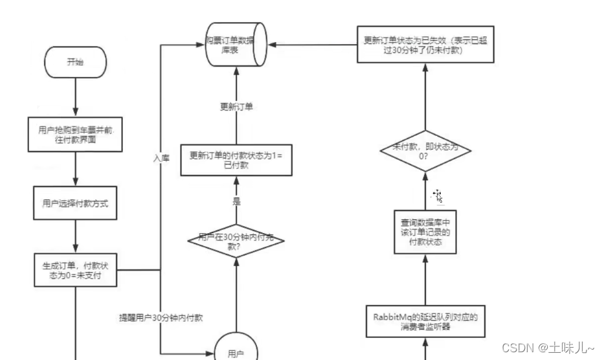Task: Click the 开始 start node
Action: click(75, 63)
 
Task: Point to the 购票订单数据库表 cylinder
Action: click(236, 44)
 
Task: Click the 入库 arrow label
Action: click(161, 157)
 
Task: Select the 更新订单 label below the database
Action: click(236, 107)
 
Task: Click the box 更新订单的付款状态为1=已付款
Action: click(236, 159)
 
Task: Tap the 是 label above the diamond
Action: click(236, 202)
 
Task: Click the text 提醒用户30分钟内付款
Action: click(161, 318)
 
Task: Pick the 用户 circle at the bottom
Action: click(236, 350)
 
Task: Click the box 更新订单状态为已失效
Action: click(425, 44)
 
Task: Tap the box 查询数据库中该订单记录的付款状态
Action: click(425, 231)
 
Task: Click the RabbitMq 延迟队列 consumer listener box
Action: click(425, 322)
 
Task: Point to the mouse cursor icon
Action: click(438, 196)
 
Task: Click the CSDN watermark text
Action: click(548, 348)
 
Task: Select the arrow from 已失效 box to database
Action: click(313, 44)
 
